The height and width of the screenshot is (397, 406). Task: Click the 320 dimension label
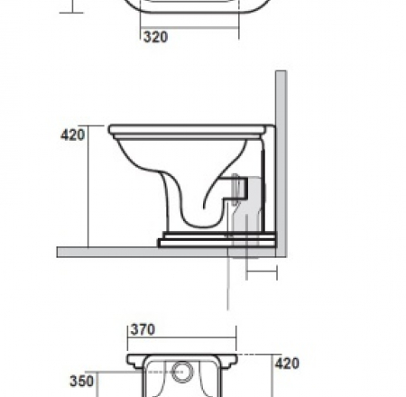tap(155, 38)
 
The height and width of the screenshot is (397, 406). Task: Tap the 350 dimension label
tap(83, 382)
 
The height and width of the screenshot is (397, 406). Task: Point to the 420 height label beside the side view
tap(73, 135)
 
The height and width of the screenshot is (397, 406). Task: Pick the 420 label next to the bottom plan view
tap(288, 365)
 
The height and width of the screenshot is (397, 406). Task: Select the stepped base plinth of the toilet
tap(217, 240)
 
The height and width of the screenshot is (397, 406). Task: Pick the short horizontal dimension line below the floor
tap(259, 270)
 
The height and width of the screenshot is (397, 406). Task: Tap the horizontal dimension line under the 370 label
tap(180, 341)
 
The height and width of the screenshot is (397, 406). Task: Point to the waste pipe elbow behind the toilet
tap(247, 212)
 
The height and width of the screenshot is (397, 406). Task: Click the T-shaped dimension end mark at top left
tap(73, 11)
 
